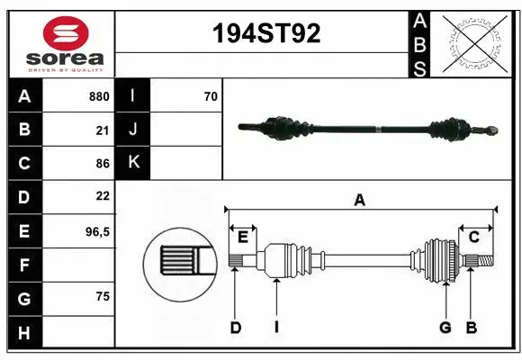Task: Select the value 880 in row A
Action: click(99, 96)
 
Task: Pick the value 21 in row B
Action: click(102, 130)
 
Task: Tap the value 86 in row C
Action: click(102, 163)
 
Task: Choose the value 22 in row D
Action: click(102, 196)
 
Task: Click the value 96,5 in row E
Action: click(97, 231)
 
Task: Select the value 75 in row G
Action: click(102, 296)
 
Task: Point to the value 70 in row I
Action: click(211, 96)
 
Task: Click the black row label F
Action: click(24, 265)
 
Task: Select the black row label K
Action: click(133, 163)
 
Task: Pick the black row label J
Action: click(133, 130)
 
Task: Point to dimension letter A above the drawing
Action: click(360, 201)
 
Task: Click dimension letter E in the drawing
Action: click(243, 237)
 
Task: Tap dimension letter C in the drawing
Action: click(473, 237)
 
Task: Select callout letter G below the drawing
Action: click(445, 328)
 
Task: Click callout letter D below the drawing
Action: click(235, 328)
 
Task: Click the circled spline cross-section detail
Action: click(179, 261)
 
